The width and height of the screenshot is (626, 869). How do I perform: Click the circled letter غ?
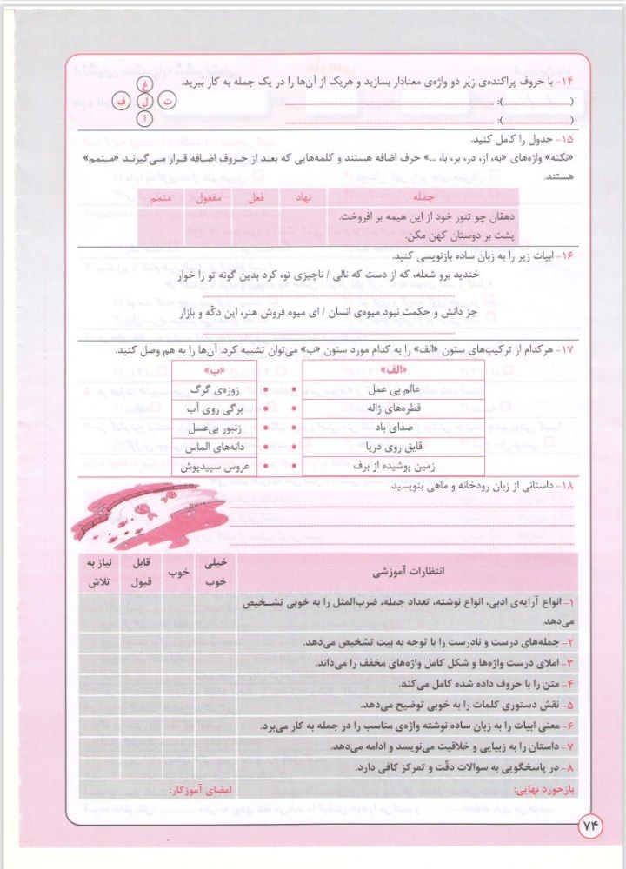tap(144, 84)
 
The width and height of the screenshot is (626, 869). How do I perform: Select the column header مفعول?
tap(205, 198)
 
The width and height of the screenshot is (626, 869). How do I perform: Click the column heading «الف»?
tap(393, 368)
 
